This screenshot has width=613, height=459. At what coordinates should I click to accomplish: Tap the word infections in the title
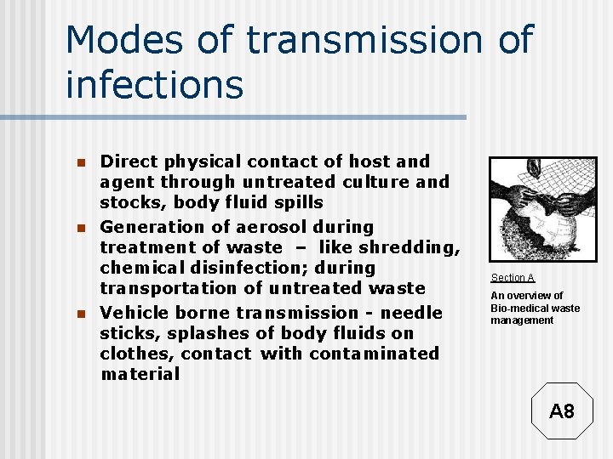[154, 85]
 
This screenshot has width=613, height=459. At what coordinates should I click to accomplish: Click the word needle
[411, 312]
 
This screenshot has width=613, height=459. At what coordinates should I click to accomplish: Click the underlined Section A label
[513, 278]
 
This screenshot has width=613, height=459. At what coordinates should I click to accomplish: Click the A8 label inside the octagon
[562, 412]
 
